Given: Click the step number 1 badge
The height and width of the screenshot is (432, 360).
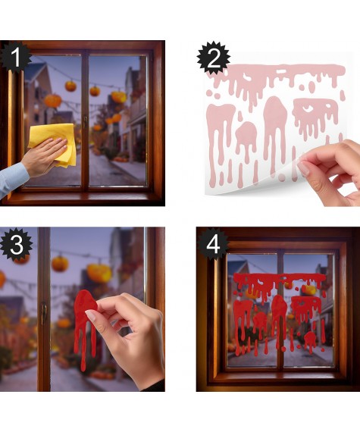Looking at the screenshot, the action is tap(15, 57).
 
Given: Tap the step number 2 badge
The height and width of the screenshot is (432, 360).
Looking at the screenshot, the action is tap(214, 58).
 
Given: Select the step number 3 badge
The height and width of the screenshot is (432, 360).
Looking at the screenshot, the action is tap(17, 244).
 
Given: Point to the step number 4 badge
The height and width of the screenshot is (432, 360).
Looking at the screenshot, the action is tap(213, 244).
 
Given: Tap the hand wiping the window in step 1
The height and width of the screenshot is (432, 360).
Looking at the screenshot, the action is tap(44, 155).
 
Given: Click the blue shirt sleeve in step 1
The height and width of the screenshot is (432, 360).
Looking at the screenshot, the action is tap(12, 179).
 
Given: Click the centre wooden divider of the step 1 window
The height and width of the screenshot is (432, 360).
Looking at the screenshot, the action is tap(85, 121).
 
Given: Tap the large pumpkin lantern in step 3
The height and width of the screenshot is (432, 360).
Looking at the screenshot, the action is tap(99, 273).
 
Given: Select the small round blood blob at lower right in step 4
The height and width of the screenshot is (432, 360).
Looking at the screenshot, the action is tap(310, 341).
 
